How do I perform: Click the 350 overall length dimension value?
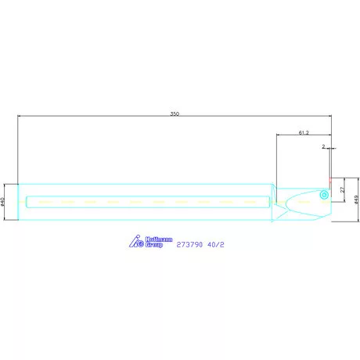coord(175,114)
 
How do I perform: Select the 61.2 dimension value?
coord(304,132)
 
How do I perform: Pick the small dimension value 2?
coord(322,146)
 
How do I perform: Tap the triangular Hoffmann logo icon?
coord(134,243)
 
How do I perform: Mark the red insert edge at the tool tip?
coord(330,185)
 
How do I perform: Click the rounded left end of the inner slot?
coord(27,202)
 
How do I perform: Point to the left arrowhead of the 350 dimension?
coord(19,118)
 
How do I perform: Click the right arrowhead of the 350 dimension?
coord(332,118)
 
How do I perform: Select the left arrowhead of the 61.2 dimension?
coord(278,136)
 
